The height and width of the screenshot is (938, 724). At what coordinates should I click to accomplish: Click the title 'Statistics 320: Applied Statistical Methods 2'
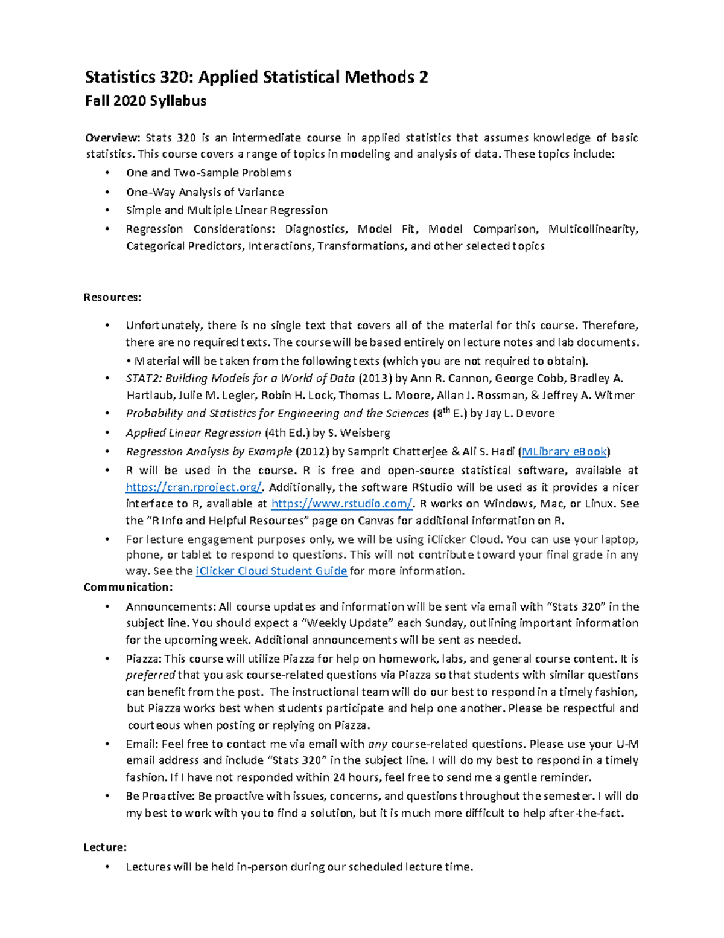[x=256, y=77]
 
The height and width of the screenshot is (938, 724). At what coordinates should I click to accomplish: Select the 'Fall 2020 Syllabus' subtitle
[x=145, y=101]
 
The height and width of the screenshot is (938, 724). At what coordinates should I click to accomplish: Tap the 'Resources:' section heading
[x=112, y=297]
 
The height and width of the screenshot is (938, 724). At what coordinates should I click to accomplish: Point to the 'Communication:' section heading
[x=128, y=587]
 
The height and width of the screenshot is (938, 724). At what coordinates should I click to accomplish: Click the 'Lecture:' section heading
[x=105, y=847]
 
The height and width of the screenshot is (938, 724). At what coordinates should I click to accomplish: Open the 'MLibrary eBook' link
[x=564, y=451]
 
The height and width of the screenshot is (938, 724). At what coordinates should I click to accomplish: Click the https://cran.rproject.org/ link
[x=194, y=487]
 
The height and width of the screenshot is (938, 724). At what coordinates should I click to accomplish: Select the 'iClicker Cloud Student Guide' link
[x=271, y=571]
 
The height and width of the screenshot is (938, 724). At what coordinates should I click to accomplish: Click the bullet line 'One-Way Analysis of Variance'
[x=205, y=192]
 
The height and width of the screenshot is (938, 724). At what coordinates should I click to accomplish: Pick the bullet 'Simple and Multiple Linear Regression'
[x=226, y=210]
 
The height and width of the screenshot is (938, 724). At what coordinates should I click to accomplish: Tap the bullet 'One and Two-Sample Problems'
[x=208, y=173]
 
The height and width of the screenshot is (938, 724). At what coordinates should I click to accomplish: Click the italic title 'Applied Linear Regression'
[x=193, y=432]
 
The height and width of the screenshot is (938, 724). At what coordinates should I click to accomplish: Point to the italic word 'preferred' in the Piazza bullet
[x=150, y=675]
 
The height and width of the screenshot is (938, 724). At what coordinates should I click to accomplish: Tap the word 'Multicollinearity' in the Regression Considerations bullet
[x=592, y=229]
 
